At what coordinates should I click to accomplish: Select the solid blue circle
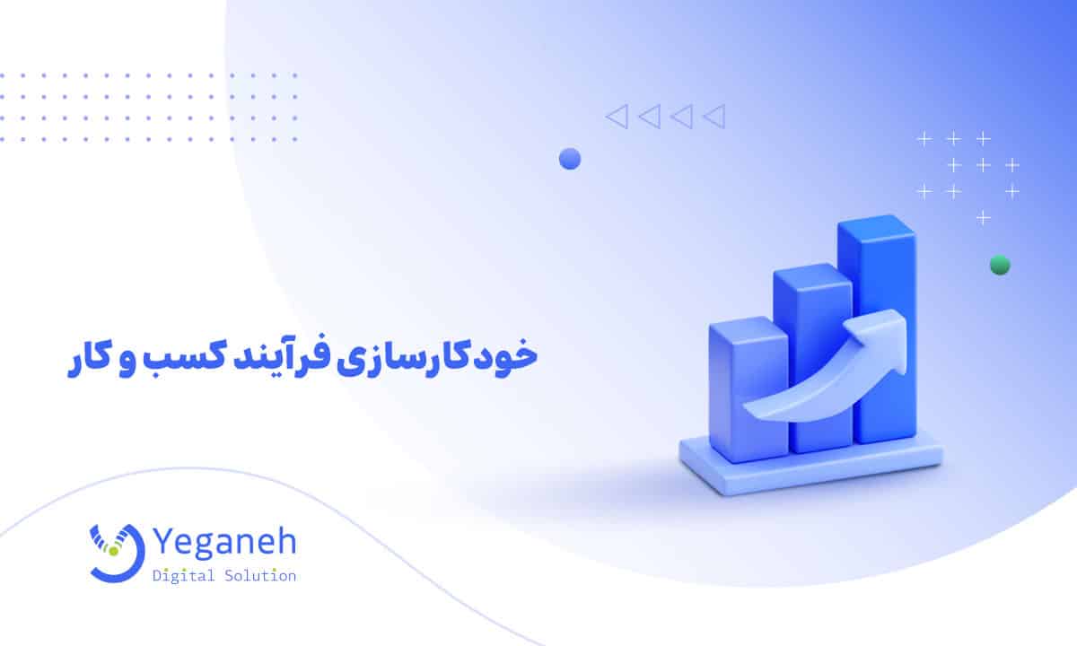click(x=570, y=160)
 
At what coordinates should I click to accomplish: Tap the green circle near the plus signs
click(x=1000, y=265)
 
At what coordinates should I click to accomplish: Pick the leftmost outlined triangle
click(x=617, y=116)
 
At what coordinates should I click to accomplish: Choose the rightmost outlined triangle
click(x=714, y=116)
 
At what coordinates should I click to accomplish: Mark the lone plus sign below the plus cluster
click(x=984, y=217)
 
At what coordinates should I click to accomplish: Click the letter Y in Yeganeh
click(x=167, y=544)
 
